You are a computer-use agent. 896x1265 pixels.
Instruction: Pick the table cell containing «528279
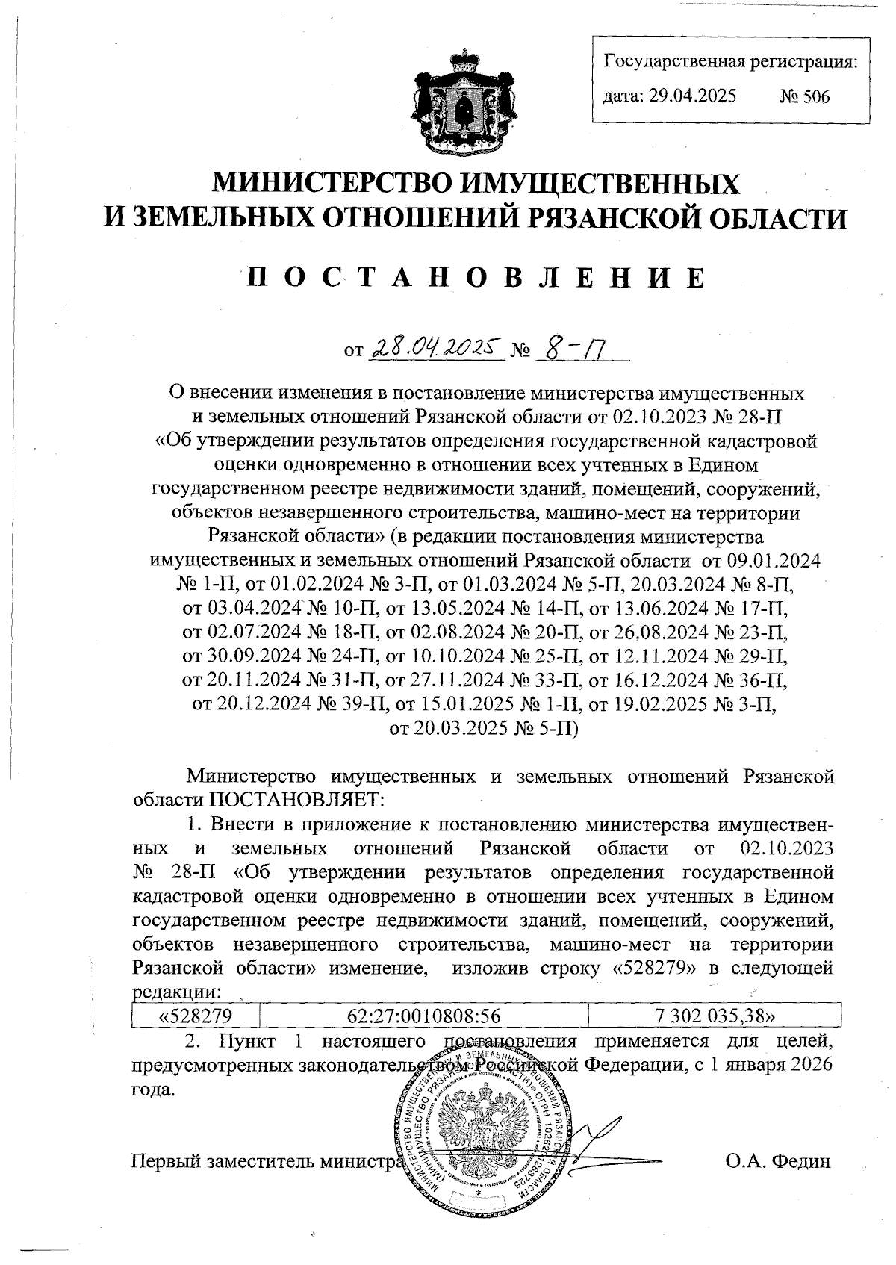(x=196, y=1016)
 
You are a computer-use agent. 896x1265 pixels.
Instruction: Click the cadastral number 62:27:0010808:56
(x=423, y=1016)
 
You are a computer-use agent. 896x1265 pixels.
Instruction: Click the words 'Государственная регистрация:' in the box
(x=730, y=61)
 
